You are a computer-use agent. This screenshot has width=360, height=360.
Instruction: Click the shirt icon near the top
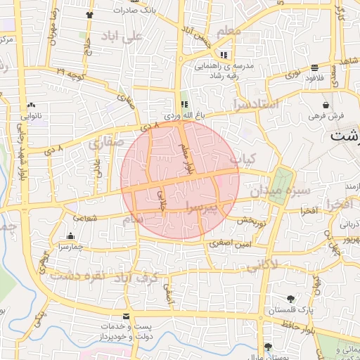coord(89,14)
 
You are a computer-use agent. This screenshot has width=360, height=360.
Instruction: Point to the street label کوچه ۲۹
coord(70,72)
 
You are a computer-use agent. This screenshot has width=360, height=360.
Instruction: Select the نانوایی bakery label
coord(31,115)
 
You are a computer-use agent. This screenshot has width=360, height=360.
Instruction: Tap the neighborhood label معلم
coord(229,32)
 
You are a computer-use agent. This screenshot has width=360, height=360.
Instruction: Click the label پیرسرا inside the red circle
coord(202,205)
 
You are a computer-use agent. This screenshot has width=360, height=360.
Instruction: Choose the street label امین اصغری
coord(230,244)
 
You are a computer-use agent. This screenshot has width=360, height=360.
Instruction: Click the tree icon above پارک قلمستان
coord(291,298)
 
